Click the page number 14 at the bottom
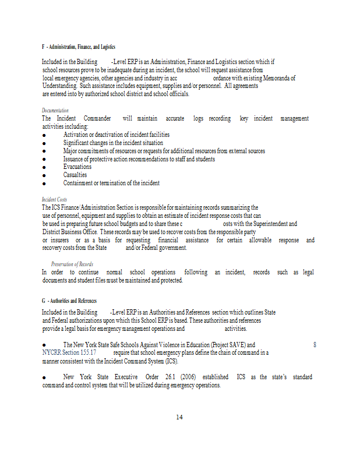click(179, 417)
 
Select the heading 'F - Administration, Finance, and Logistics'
click(79, 47)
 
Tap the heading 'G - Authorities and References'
click(69, 301)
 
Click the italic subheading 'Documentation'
click(55, 110)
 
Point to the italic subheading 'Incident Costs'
click(54, 199)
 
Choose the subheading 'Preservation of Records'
click(72, 264)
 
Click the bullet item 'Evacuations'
click(77, 167)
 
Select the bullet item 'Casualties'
click(75, 175)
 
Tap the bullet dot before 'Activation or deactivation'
click(44, 135)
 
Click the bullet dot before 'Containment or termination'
click(44, 183)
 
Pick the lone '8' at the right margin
click(315, 344)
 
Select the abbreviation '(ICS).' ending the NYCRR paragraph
click(168, 361)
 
